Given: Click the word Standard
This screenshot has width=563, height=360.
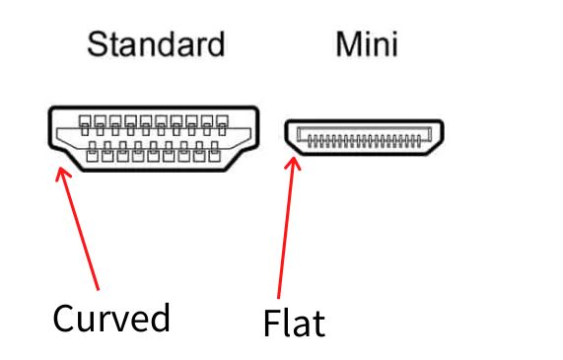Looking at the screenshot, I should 156,44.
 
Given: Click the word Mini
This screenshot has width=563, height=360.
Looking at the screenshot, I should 366,44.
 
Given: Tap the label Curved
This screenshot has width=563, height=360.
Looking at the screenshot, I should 111,319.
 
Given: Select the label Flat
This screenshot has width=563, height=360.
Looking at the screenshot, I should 294,323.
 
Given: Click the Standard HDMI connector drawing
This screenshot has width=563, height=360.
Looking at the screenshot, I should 153,138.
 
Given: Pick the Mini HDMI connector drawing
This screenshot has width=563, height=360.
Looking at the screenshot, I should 364,139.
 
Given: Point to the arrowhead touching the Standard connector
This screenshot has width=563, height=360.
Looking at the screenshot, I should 61,175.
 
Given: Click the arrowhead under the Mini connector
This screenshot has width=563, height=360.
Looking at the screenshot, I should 292,160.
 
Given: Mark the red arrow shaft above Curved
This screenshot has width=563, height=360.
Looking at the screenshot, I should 81,232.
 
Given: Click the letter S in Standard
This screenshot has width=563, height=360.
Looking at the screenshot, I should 97,44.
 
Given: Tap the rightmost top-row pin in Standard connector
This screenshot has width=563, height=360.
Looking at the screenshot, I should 222,124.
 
